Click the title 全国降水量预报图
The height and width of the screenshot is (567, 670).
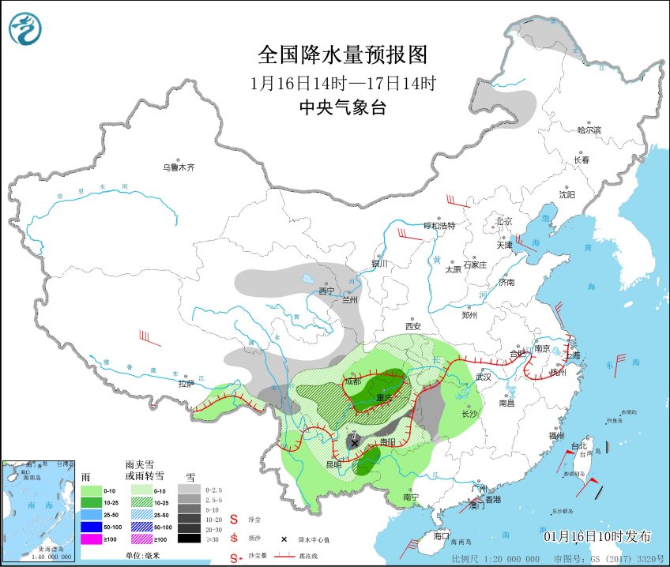click(342, 54)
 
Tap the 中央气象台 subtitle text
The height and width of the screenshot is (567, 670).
click(342, 108)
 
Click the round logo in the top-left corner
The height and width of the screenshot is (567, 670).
click(26, 29)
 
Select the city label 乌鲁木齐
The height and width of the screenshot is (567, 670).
click(179, 167)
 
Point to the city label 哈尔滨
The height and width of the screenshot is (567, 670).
click(589, 130)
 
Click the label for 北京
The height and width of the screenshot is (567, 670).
click(503, 221)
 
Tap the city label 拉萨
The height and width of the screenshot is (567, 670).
click(186, 384)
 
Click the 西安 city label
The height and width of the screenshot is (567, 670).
click(413, 325)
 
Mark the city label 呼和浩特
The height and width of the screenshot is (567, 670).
click(440, 226)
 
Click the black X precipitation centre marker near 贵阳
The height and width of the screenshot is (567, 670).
click(354, 443)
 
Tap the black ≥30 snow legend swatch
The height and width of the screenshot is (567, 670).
click(188, 539)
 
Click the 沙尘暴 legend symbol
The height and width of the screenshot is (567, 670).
click(235, 559)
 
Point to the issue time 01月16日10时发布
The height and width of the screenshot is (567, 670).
click(598, 537)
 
